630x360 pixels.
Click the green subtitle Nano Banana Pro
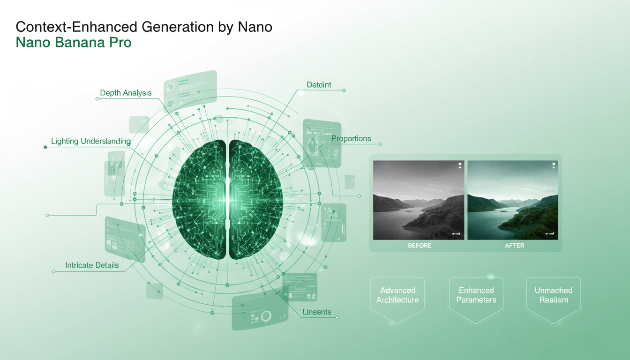pos(74,43)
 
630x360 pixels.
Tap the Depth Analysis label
pos(126,93)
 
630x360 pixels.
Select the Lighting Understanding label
pos(90,141)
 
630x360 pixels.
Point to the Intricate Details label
pos(92,265)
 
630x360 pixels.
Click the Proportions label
pos(351,139)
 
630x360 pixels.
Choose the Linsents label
pos(317,312)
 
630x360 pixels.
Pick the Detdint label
pos(319,85)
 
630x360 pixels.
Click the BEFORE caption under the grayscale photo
pos(420,246)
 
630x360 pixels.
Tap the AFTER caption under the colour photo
pos(514,246)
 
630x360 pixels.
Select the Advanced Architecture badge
pos(397,295)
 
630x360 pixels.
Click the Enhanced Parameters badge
pos(476,295)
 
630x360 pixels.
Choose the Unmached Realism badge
pos(554,295)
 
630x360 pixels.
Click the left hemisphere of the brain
pos(199,199)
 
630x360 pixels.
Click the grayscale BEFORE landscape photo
pos(419,200)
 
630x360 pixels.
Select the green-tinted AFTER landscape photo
pos(513,200)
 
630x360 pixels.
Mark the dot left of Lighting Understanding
pos(45,147)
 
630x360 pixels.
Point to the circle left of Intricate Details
pos(54,271)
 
